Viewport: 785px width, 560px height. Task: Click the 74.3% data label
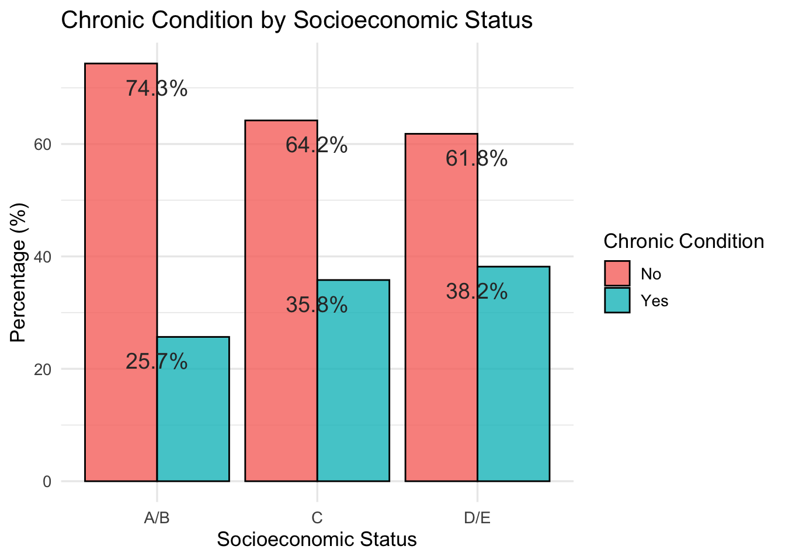click(x=157, y=89)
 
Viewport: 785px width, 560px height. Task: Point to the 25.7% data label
click(x=157, y=362)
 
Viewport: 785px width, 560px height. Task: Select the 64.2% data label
click(x=317, y=146)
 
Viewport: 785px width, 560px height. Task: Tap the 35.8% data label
click(x=317, y=305)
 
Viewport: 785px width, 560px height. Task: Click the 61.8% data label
click(x=477, y=159)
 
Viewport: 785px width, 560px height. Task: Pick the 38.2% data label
click(x=477, y=292)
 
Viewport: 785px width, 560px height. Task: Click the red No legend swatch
click(x=617, y=274)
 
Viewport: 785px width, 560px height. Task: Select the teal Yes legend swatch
click(x=617, y=300)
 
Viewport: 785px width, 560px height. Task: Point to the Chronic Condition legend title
click(x=683, y=242)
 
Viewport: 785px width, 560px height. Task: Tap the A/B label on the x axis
click(x=157, y=518)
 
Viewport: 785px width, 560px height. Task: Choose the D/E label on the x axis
click(x=477, y=518)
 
